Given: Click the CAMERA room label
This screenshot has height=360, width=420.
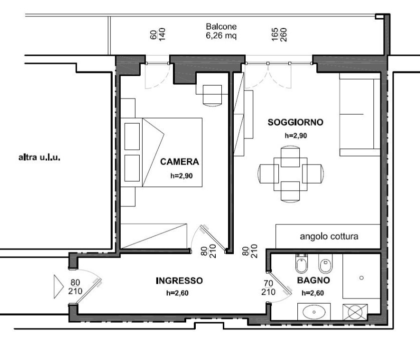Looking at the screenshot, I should point(180,162).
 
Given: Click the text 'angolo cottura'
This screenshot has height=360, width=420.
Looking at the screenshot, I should point(329,236).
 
